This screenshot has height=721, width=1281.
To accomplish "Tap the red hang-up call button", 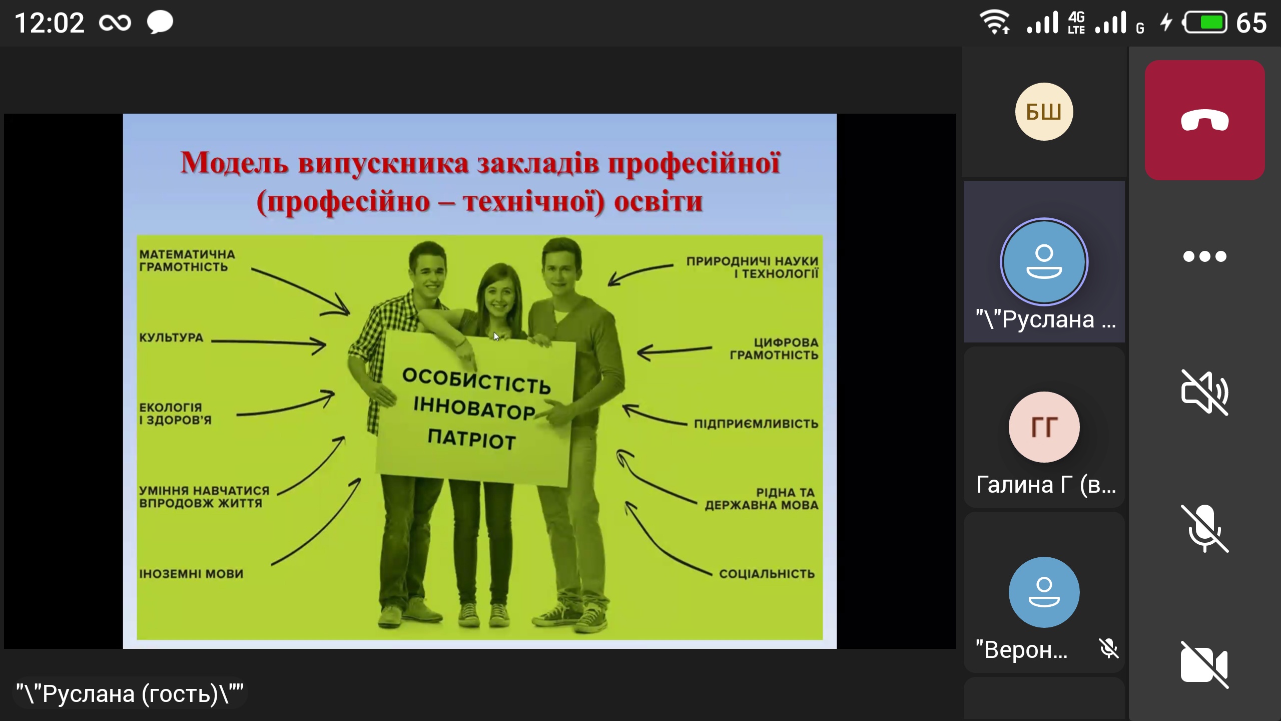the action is tap(1204, 120).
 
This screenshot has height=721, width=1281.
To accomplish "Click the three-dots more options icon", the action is tap(1204, 256).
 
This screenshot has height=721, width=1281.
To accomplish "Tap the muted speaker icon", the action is tap(1204, 393).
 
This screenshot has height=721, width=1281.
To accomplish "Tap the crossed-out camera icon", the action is tap(1204, 664).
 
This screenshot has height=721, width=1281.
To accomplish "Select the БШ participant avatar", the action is tap(1044, 112).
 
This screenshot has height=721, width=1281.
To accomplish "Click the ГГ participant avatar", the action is tap(1044, 427).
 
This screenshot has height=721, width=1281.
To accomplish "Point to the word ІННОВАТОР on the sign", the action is tap(474, 408).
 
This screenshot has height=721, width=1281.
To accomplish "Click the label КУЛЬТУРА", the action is tap(171, 337).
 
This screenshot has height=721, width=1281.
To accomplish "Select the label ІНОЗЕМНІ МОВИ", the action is tap(191, 574).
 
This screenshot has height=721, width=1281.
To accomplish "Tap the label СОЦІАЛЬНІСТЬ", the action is tap(767, 574).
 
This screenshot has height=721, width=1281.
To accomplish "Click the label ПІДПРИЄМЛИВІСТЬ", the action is tap(756, 424).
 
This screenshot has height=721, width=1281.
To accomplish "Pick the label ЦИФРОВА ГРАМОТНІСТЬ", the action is tap(774, 348).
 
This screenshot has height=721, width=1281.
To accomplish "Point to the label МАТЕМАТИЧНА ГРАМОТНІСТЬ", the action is tap(187, 260).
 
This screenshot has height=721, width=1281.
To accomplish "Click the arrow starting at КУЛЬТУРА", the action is tap(269, 343).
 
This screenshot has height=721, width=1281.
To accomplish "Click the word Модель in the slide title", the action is tap(235, 163).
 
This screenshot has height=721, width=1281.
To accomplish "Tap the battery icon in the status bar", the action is tap(1204, 23).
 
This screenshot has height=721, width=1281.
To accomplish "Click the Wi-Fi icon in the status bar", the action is tap(995, 23).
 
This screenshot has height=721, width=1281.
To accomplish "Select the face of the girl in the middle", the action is tap(498, 293).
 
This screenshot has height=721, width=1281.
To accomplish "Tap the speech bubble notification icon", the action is tap(160, 23).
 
